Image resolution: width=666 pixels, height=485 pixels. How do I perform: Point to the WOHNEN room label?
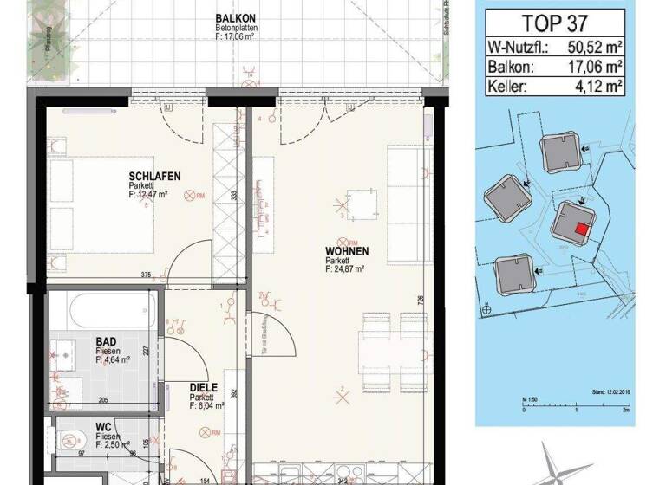[347, 251]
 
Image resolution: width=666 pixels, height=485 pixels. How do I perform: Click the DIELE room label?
[203, 389]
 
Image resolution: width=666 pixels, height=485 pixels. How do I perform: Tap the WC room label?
[102, 428]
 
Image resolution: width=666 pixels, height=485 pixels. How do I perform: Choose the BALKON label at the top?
[235, 17]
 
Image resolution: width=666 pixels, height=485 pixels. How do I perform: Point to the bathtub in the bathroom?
[102, 306]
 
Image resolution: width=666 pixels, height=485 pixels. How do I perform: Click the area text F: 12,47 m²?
[147, 195]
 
